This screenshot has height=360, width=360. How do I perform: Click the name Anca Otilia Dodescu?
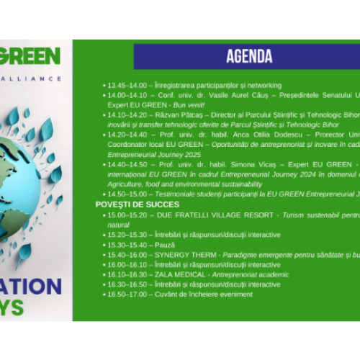pyautogui.click(x=239, y=134)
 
